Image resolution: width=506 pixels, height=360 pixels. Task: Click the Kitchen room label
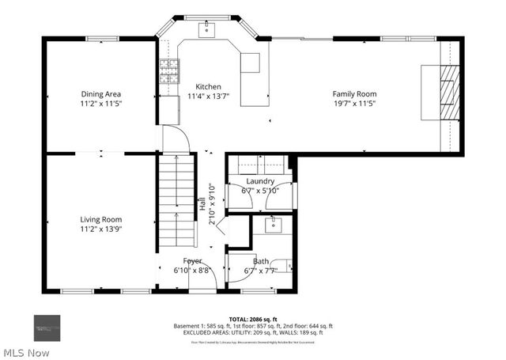[x=204, y=87]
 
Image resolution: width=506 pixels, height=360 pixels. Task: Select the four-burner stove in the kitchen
[x=168, y=73]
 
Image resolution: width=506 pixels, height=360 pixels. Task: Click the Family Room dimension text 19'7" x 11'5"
[x=353, y=103]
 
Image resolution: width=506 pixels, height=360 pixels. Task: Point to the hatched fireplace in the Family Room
[x=448, y=92]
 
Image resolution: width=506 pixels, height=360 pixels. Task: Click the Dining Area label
[x=100, y=94]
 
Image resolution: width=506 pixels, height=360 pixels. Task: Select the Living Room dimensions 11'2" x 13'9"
[x=100, y=229]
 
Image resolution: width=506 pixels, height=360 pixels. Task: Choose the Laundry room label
[x=259, y=181]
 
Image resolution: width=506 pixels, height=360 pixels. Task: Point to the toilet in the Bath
[x=289, y=266]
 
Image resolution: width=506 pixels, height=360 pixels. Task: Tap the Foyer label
[x=193, y=261]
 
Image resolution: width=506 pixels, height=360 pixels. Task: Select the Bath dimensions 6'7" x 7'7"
[x=260, y=271]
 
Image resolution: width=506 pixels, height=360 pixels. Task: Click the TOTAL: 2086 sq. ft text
[x=252, y=317]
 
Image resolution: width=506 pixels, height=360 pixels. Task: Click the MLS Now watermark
[x=27, y=351]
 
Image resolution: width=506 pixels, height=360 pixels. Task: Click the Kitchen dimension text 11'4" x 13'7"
[x=204, y=97]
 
